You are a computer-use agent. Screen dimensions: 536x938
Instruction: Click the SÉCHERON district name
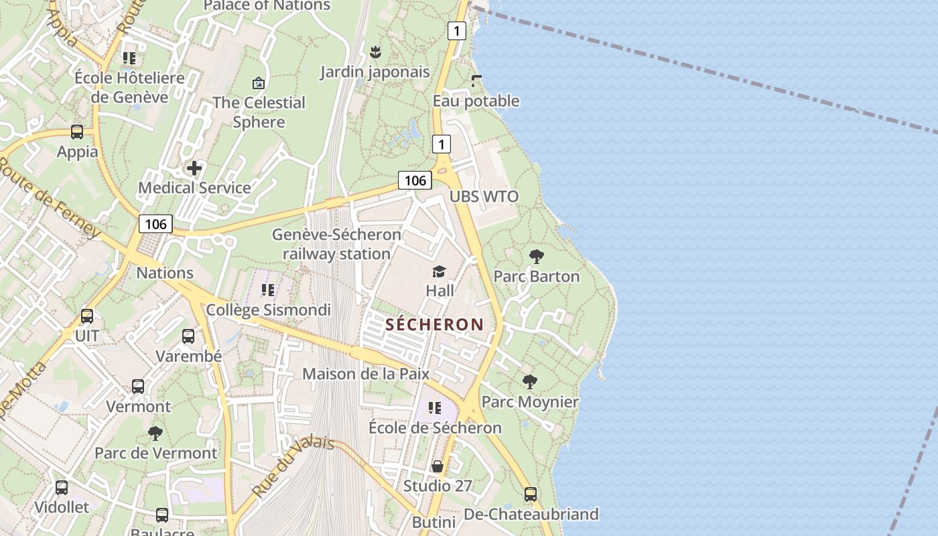click(x=434, y=325)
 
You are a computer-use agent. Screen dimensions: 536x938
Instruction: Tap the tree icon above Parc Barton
click(x=536, y=256)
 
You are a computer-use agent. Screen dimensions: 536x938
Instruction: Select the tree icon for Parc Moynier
click(x=529, y=382)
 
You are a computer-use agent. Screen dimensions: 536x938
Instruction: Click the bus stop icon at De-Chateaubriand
click(x=531, y=494)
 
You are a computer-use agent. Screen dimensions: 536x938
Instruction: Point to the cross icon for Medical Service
click(x=194, y=167)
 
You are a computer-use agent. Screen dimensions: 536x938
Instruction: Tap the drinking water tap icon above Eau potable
click(x=476, y=81)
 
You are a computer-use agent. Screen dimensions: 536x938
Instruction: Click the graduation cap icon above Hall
click(x=439, y=271)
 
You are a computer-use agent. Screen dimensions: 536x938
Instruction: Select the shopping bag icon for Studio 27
click(x=438, y=466)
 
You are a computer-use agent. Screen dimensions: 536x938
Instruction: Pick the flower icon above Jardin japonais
click(x=375, y=52)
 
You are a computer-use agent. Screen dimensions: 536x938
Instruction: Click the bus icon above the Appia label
click(x=77, y=132)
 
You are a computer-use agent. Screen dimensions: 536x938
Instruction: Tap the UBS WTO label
click(x=484, y=196)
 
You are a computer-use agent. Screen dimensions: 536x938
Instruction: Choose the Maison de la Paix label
click(x=366, y=374)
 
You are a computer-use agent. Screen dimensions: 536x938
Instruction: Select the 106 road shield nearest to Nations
click(x=155, y=224)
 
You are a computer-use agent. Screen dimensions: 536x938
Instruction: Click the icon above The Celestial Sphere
click(x=259, y=83)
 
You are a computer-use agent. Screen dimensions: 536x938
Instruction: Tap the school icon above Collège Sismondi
click(x=268, y=290)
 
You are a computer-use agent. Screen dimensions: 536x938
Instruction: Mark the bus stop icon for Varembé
click(x=188, y=336)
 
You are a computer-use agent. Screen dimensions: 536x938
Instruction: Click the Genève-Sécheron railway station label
click(x=336, y=245)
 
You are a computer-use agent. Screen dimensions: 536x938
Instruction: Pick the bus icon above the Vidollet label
click(x=62, y=488)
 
